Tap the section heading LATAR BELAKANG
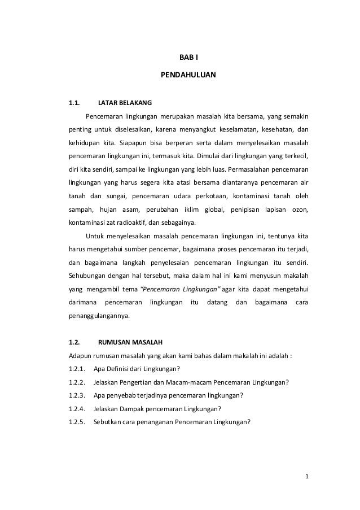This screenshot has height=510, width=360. pos(125,103)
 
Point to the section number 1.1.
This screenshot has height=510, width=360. pos(74,103)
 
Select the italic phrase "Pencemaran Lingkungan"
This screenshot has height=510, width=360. pos(179,288)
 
